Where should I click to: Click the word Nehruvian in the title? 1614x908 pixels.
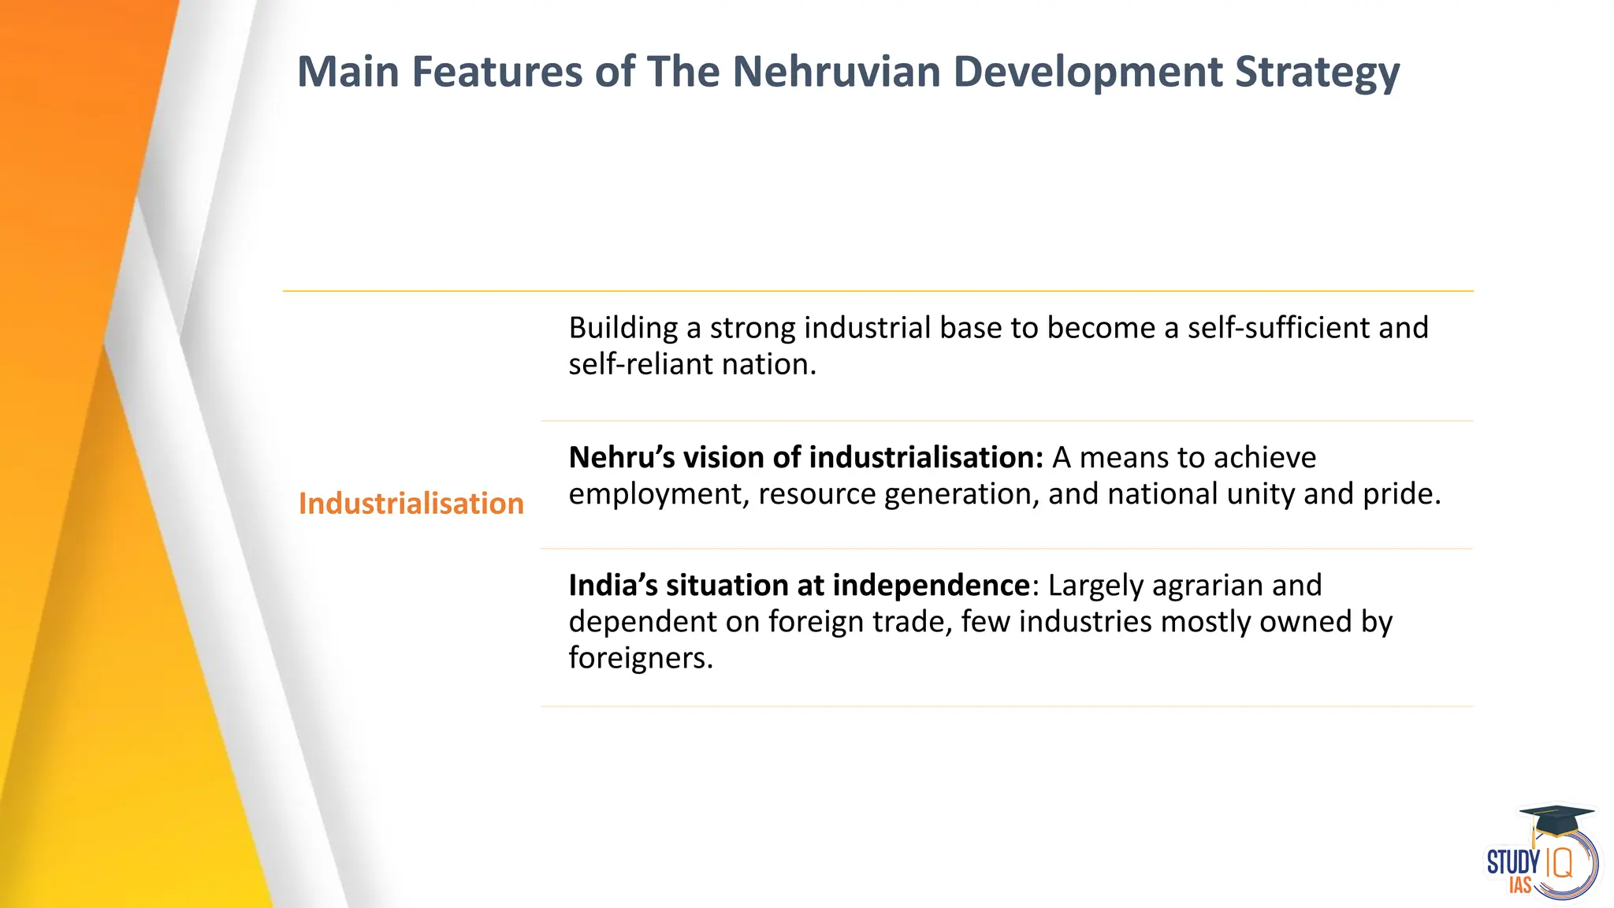click(x=836, y=72)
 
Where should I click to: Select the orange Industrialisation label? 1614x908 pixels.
click(x=411, y=504)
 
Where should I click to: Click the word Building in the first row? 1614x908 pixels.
click(x=623, y=329)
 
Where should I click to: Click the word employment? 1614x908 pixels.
click(x=658, y=495)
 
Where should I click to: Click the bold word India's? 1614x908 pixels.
click(x=612, y=586)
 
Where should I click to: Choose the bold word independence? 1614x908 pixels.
click(x=931, y=586)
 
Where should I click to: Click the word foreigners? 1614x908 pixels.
click(x=640, y=658)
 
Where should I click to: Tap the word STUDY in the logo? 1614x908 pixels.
click(x=1512, y=862)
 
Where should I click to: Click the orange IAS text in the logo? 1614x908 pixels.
click(x=1519, y=886)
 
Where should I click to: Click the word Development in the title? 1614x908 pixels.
click(x=1087, y=72)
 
